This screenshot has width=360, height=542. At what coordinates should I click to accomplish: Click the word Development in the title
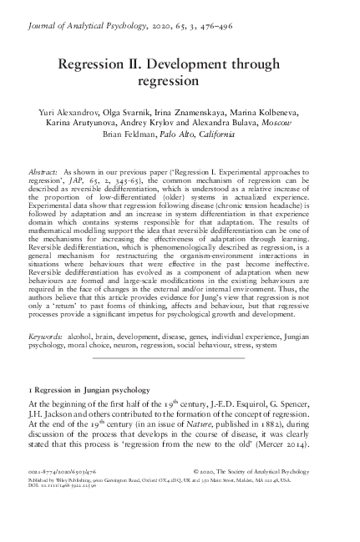coord(212,64)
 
